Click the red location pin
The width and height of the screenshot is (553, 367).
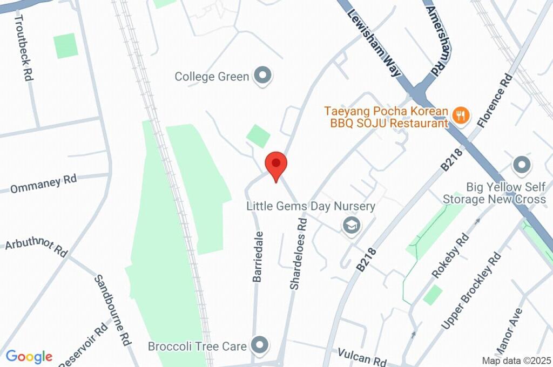tap(276, 164)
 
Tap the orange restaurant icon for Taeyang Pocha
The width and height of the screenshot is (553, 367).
tap(461, 115)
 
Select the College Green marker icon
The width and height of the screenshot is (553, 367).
tap(263, 76)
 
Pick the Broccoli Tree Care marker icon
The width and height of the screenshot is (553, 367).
tap(260, 344)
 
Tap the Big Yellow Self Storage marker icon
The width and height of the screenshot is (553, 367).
tap(522, 165)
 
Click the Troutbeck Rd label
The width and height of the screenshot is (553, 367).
tap(24, 47)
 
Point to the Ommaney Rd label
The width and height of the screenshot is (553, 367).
tap(43, 184)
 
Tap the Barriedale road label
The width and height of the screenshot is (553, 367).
tap(258, 256)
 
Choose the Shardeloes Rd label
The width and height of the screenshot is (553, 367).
tap(299, 253)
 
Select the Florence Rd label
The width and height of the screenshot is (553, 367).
tap(494, 100)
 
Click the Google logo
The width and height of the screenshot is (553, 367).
tap(29, 356)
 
